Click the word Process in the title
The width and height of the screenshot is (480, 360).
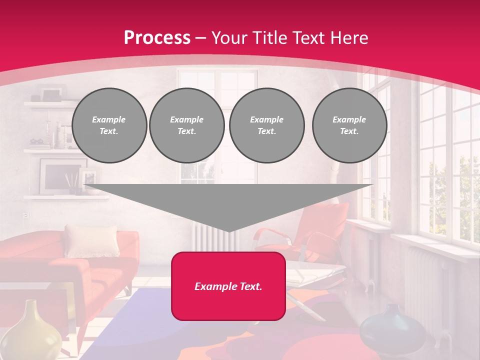(x=157, y=38)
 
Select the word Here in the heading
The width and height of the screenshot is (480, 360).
(x=348, y=38)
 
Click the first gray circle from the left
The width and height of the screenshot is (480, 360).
(x=109, y=125)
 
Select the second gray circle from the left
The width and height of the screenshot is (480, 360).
(x=186, y=125)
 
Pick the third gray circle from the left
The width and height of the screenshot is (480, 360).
(x=266, y=125)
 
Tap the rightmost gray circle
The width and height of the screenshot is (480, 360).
(x=349, y=125)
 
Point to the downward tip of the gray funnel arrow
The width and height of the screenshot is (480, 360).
(x=228, y=230)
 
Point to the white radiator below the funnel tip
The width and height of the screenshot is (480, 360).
(x=210, y=237)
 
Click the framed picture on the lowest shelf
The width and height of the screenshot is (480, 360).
(x=57, y=176)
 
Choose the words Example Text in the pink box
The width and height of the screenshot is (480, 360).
(x=228, y=286)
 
